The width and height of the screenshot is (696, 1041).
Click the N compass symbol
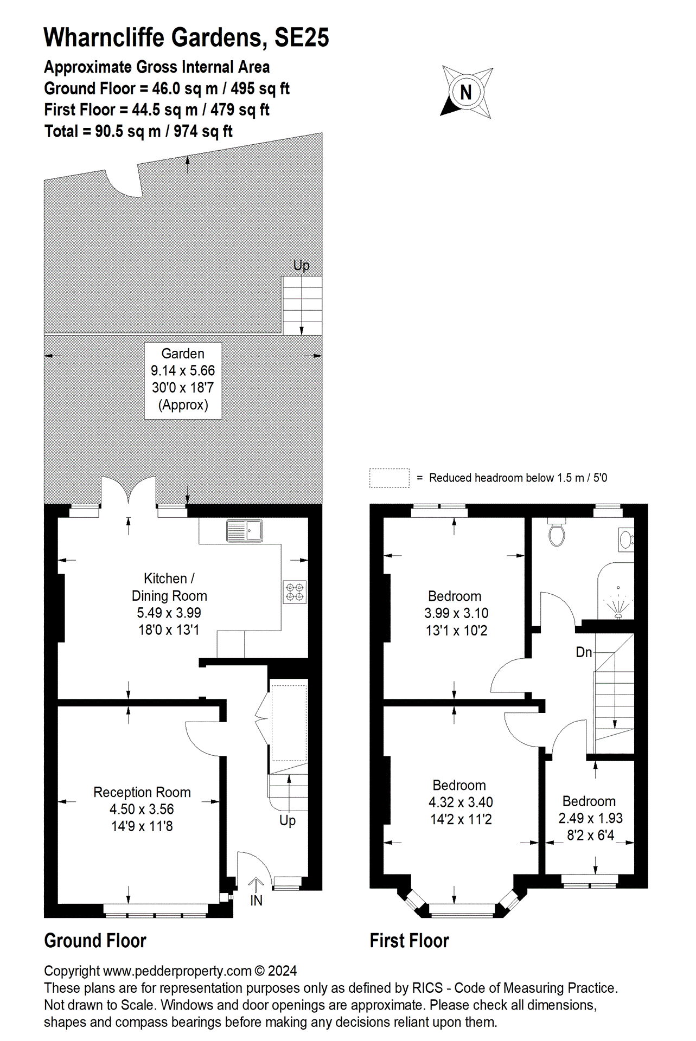(466, 92)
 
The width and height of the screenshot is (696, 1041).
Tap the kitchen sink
(245, 531)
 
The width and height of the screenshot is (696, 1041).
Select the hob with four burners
(295, 592)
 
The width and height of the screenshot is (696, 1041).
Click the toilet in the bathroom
(557, 534)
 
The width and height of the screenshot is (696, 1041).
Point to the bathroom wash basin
(625, 540)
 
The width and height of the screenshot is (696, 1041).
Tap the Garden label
(183, 354)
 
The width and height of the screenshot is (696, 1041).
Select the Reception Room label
(142, 792)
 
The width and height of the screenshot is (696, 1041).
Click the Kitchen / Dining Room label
(169, 587)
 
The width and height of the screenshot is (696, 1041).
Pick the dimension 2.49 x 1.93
(590, 818)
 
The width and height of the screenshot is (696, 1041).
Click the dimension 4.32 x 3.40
(461, 802)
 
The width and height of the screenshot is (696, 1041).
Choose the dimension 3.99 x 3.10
(456, 613)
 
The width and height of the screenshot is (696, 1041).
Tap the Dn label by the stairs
(584, 652)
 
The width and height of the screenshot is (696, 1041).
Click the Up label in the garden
(301, 265)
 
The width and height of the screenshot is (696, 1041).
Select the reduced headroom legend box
(389, 478)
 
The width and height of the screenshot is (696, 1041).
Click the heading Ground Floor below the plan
(95, 941)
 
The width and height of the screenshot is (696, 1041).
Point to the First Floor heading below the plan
(409, 941)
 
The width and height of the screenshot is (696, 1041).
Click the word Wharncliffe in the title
(104, 37)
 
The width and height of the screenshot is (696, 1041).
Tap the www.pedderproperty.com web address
(177, 971)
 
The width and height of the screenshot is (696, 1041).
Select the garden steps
(302, 305)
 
